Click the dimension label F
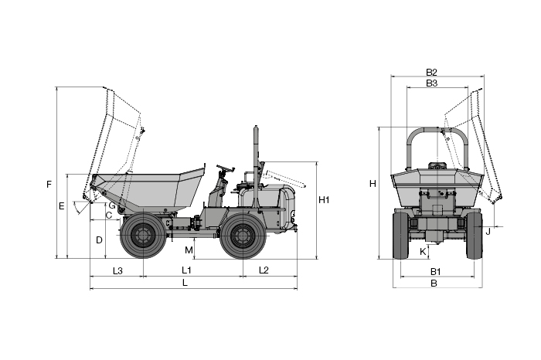tap(49, 185)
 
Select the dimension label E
tap(61, 206)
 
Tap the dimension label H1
tap(324, 200)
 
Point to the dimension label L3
tap(117, 270)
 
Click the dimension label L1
tap(186, 270)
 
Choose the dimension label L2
tap(264, 270)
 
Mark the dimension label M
tap(189, 250)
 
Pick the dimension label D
tap(99, 240)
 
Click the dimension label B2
tap(431, 72)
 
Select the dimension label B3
tap(431, 83)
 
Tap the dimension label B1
tap(435, 272)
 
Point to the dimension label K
tap(423, 252)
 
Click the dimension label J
tap(488, 232)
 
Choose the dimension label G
tap(112, 205)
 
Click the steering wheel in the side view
tap(226, 168)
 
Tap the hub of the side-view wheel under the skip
tap(143, 236)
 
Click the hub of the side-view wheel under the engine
tap(243, 236)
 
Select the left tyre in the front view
tap(400, 236)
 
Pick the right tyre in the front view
tap(475, 236)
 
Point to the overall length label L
tap(185, 283)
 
